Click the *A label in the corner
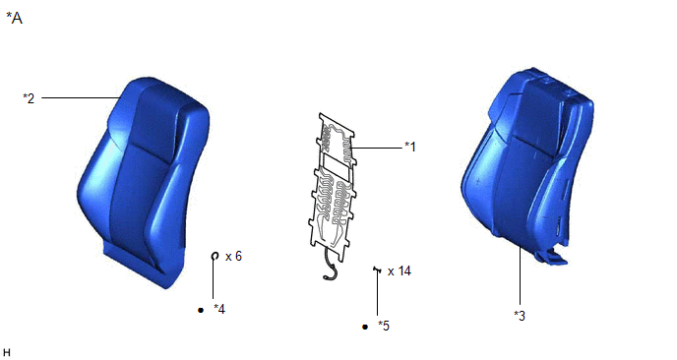click(14, 18)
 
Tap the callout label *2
click(29, 98)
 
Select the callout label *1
click(409, 147)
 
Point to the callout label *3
click(520, 316)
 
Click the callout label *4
click(219, 309)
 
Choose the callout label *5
click(384, 326)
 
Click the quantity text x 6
click(233, 257)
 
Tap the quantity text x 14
click(400, 271)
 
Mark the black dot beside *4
click(201, 310)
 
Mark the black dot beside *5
click(365, 327)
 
